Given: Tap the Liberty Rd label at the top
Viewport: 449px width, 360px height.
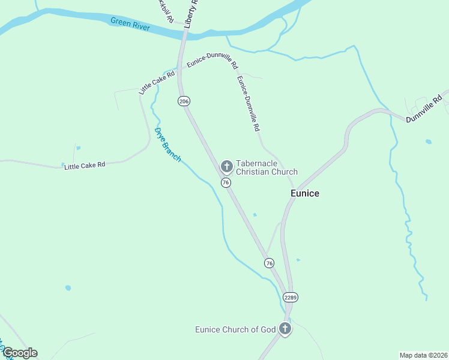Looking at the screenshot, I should [x=191, y=14].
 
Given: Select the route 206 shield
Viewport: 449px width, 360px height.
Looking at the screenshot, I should [x=184, y=101].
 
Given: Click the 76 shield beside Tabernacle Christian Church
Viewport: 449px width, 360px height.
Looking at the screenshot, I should [x=226, y=182].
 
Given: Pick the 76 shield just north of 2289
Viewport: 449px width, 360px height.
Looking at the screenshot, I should [x=269, y=263].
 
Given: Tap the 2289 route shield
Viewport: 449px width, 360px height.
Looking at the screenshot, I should [x=291, y=297].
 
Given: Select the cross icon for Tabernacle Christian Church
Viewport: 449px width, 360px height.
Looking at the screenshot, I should [x=226, y=166].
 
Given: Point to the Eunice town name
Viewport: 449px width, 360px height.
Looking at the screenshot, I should [x=305, y=193].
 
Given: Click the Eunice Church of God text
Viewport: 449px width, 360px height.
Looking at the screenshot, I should [x=235, y=329].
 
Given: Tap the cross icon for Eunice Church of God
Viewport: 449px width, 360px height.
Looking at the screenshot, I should [x=285, y=329].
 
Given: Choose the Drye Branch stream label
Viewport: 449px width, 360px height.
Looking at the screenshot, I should [x=167, y=145].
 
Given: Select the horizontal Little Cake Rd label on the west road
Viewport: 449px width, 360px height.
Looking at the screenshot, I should [x=85, y=165].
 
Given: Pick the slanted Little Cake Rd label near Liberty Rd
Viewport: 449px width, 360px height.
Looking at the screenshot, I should [x=157, y=82].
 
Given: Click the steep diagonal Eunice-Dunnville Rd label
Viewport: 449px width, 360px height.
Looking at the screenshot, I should [x=248, y=103].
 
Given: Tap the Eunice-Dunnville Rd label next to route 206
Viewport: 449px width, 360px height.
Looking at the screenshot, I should [x=212, y=61].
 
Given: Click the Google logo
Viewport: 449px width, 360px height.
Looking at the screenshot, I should [x=20, y=353].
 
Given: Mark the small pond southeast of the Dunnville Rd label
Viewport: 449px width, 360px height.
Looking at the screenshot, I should [x=428, y=142].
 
